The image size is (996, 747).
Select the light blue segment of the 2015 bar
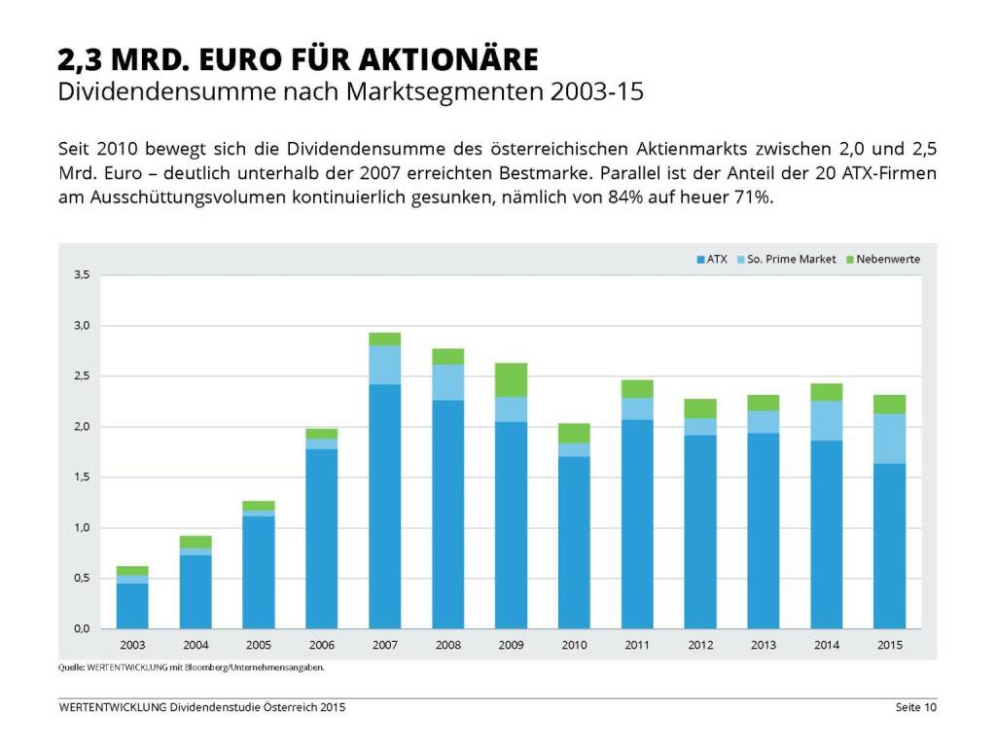(x=889, y=439)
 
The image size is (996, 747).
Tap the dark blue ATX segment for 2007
(x=384, y=506)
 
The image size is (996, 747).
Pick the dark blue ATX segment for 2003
(x=132, y=605)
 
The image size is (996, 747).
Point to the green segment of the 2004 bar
(x=196, y=542)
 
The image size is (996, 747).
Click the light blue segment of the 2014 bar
(x=826, y=420)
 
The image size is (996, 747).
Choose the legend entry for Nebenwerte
(x=882, y=260)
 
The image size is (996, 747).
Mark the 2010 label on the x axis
(x=574, y=645)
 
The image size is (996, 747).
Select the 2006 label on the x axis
(x=321, y=645)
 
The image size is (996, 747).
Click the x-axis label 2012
(x=699, y=645)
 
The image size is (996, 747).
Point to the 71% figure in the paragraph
(x=753, y=197)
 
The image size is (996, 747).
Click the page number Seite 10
(x=915, y=707)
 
